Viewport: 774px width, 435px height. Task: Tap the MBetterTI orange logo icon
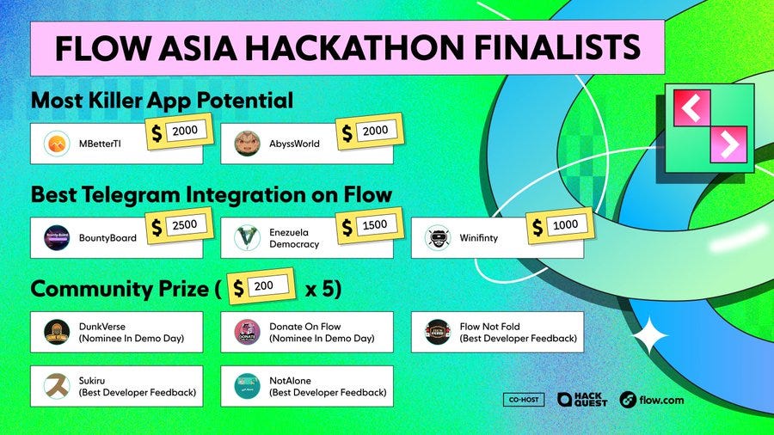point(57,144)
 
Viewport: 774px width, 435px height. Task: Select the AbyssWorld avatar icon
point(247,144)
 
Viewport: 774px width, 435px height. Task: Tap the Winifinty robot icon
point(437,238)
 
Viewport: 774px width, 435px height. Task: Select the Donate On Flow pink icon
point(247,332)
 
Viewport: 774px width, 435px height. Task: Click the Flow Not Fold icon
point(437,332)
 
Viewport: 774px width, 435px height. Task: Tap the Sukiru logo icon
point(57,387)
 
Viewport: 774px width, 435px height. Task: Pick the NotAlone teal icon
point(247,387)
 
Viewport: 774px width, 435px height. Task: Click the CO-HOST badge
point(523,400)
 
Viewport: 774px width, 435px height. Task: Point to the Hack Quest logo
point(582,400)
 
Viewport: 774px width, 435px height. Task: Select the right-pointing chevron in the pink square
point(728,147)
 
